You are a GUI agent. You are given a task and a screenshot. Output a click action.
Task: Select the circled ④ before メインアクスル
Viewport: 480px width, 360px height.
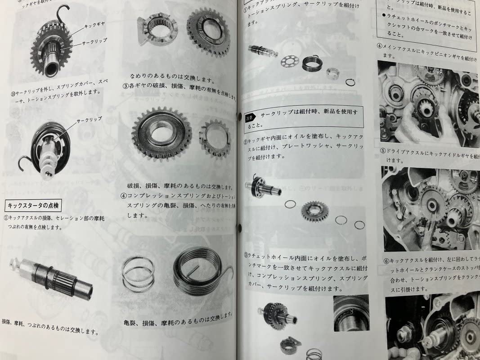point(380,46)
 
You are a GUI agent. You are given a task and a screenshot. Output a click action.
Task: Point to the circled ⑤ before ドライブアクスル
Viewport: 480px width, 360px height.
point(382,151)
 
